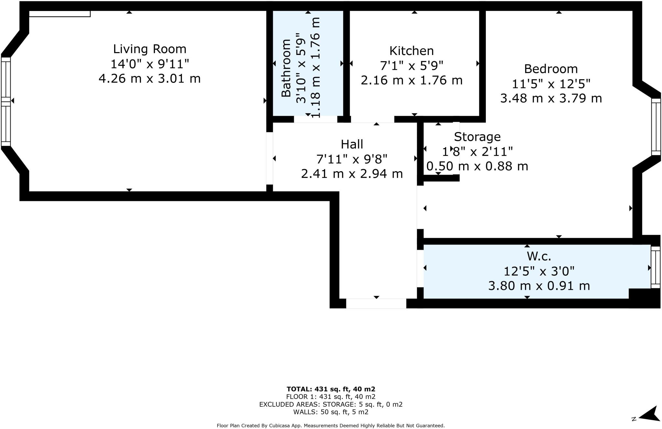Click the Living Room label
pyautogui.click(x=150, y=49)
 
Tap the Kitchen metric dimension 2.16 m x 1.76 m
pyautogui.click(x=411, y=80)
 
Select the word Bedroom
pyautogui.click(x=551, y=69)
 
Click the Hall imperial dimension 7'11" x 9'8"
pyautogui.click(x=352, y=159)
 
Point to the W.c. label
pyautogui.click(x=539, y=256)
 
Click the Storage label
pyautogui.click(x=477, y=137)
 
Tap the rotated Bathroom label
pyautogui.click(x=286, y=68)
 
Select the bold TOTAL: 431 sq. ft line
pyautogui.click(x=331, y=389)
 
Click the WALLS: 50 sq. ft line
pyautogui.click(x=331, y=412)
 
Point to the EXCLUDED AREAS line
pyautogui.click(x=331, y=404)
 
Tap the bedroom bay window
pyautogui.click(x=656, y=127)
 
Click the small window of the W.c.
pyautogui.click(x=655, y=267)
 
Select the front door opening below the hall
pyautogui.click(x=376, y=303)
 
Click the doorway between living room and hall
pyautogui.click(x=269, y=158)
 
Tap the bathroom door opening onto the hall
pyautogui.click(x=315, y=119)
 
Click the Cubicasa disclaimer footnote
pyautogui.click(x=331, y=426)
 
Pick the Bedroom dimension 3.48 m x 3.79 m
pyautogui.click(x=551, y=98)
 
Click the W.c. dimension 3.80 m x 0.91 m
pyautogui.click(x=539, y=286)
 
